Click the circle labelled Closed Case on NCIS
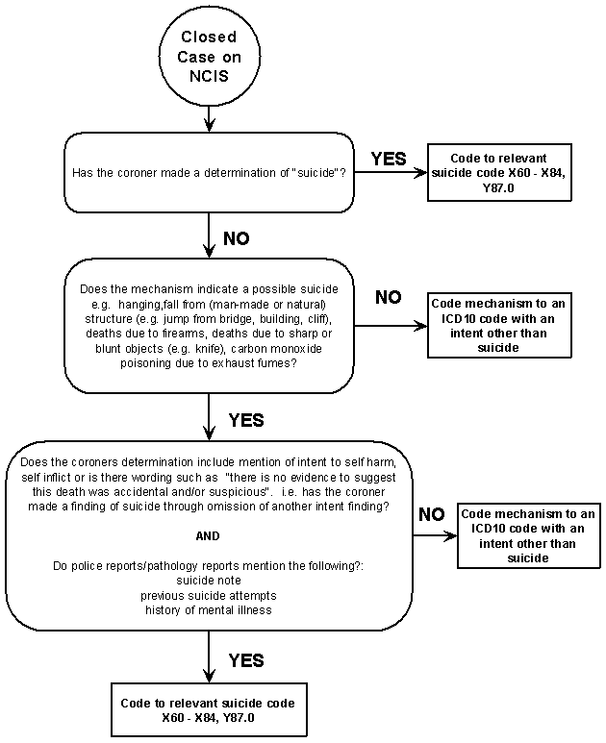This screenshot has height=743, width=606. [208, 56]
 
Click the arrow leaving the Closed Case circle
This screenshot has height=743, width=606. [208, 118]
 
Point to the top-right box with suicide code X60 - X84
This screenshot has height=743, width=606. [498, 174]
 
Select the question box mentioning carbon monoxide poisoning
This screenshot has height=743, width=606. [208, 326]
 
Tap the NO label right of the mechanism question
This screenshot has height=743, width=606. [389, 297]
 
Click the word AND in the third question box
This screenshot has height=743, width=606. [208, 535]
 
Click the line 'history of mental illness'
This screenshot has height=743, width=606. [208, 609]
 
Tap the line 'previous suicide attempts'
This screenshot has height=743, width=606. [208, 596]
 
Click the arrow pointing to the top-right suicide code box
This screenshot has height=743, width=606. [389, 174]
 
